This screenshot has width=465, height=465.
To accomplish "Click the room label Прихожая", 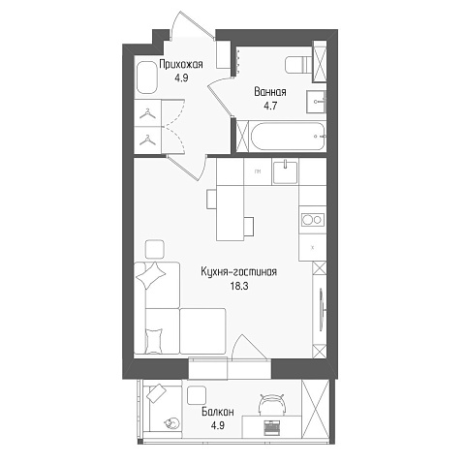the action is pos(181,64).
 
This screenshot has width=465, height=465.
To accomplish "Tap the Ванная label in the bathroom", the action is pos(270,92).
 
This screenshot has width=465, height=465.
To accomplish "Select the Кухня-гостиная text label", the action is pos(238,272).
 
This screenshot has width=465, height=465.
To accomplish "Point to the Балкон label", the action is pos(218,412).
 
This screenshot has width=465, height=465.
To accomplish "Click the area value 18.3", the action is pos(239,286).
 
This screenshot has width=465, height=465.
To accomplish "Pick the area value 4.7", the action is pos(270,106).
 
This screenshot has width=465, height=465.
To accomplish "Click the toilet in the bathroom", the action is pos(299,65).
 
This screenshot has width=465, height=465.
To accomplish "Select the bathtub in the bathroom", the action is pos(288,136).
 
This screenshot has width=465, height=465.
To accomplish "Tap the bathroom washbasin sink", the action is pos(316,102).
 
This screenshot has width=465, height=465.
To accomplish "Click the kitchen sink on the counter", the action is pos(285,171).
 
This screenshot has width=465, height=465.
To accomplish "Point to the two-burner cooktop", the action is pos(313,220).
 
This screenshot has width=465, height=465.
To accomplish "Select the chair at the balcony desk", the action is pos(273,404).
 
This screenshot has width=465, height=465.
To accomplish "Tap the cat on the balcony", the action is pos(171,422).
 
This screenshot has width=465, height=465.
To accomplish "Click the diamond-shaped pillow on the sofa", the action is pos(151,275).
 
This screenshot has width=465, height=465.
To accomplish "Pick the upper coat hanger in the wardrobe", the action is pos(147,113).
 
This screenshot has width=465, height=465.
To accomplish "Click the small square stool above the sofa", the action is pos(154,249).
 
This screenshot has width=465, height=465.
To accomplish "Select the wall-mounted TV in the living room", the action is pos(323,309).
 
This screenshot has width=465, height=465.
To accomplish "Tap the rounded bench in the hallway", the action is pos(147,77).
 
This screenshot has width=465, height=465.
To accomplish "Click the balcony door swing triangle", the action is pos(249,347).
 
